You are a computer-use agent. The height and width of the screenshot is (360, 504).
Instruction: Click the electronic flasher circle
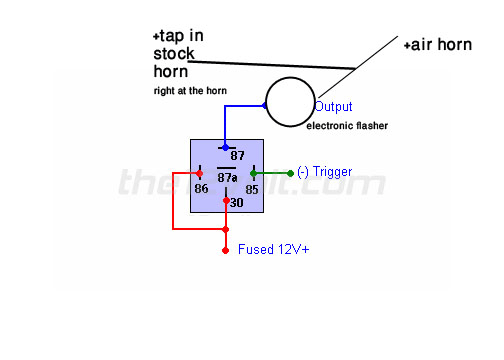(x=289, y=103)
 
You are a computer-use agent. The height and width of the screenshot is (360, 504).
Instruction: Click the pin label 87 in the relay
(x=237, y=155)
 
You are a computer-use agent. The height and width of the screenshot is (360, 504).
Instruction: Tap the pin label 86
(x=202, y=187)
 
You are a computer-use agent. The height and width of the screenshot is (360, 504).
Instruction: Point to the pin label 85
(x=252, y=187)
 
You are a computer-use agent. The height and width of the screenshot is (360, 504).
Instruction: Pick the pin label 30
(x=237, y=203)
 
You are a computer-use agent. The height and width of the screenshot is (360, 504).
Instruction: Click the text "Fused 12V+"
(x=273, y=249)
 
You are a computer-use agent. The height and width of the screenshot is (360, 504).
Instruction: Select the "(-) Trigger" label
(x=325, y=172)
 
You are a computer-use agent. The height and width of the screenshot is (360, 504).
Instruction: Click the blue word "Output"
(x=333, y=106)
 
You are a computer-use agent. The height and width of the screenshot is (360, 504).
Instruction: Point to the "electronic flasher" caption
(x=346, y=125)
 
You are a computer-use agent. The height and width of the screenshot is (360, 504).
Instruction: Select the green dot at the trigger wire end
(x=290, y=172)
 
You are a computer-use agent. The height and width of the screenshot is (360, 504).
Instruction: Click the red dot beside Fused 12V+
(x=225, y=250)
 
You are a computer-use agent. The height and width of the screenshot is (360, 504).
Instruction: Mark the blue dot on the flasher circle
(x=265, y=106)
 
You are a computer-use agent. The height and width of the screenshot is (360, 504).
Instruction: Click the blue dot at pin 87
(x=225, y=147)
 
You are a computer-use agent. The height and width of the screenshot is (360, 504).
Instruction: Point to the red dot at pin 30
(x=225, y=200)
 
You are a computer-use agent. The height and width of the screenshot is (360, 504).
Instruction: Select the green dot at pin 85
(x=254, y=172)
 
